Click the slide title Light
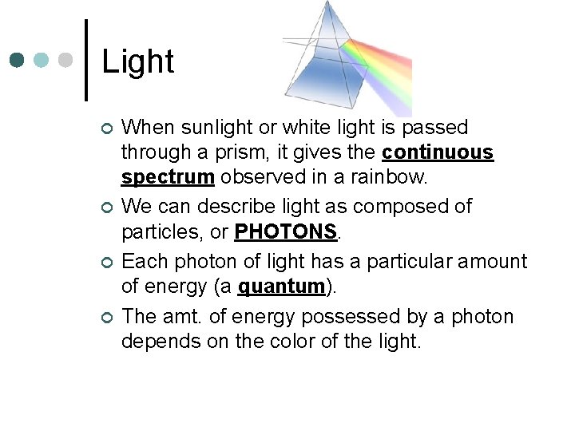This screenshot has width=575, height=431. point(138,61)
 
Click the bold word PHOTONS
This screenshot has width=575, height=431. point(287,231)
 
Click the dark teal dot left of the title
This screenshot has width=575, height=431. point(16,60)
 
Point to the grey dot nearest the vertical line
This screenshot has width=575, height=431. point(66,60)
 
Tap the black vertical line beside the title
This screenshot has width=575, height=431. point(85,60)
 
